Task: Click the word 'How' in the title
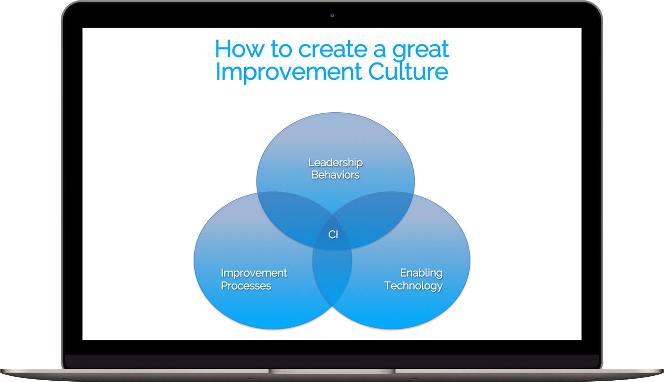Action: pos(239,49)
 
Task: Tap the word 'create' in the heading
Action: pos(333,49)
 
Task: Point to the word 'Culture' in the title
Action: pos(408,71)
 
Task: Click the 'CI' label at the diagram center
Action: pos(333,235)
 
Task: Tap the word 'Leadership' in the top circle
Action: pos(335,163)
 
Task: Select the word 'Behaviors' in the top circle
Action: pos(335,175)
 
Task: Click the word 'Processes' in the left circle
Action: pos(246,286)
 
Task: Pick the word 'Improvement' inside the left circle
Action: pos(254,273)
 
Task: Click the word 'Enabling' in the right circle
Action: pos(421,273)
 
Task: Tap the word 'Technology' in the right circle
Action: pos(413,286)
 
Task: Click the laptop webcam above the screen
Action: pos(332,15)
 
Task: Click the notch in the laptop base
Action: pos(332,371)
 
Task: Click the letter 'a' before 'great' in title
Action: pos(380,51)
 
